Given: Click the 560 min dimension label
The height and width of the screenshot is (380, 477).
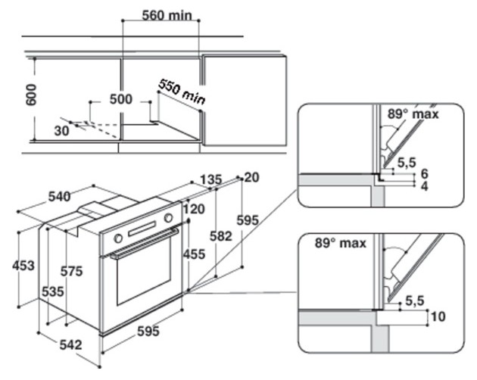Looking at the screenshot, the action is (167, 15).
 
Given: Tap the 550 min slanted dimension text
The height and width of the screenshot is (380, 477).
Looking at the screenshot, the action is (182, 92).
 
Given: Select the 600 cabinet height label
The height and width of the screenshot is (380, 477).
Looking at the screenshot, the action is (31, 95).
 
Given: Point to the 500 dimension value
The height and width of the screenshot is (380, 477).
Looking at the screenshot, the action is (121, 99).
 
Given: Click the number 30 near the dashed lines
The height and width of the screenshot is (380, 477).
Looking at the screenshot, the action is (61, 131).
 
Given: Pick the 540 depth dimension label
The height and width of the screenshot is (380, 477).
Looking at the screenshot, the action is (60, 197).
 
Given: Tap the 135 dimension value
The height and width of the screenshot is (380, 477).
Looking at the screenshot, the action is (211, 179).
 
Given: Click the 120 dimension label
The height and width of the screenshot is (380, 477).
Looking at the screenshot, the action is (194, 209).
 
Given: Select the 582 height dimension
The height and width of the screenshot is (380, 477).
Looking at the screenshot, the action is (221, 236).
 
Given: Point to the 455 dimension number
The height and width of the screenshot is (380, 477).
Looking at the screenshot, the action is (194, 254).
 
